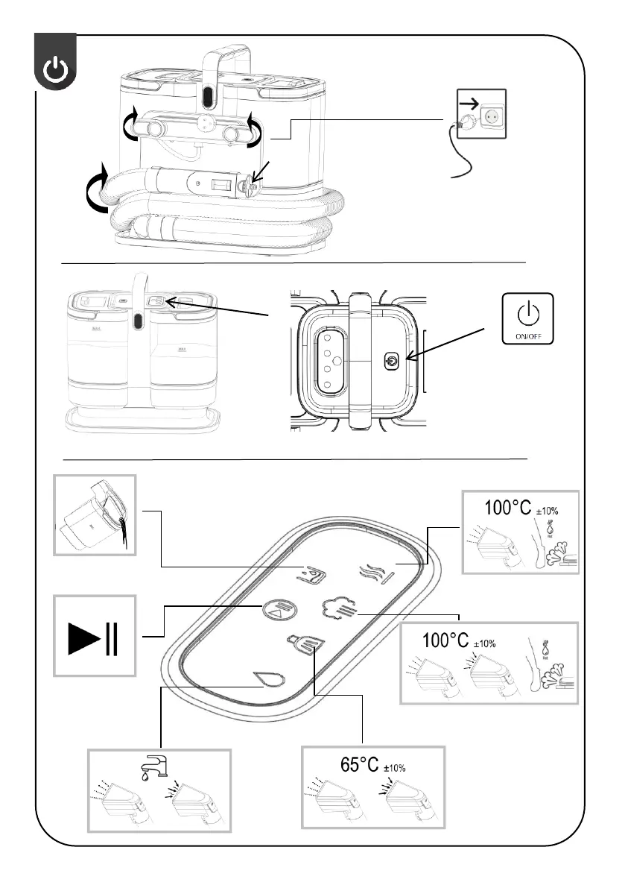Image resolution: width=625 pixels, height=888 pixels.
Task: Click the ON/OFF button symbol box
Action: click(528, 318)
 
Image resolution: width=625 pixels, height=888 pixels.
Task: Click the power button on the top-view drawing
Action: click(393, 362)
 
